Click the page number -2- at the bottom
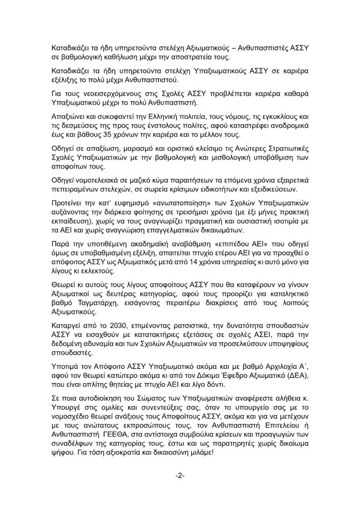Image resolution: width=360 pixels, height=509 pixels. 180,476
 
